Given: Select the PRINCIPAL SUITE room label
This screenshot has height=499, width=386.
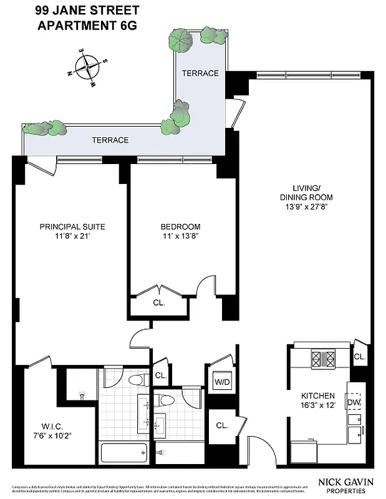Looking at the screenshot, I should [72, 226].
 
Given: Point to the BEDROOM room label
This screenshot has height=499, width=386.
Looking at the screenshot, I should [180, 226].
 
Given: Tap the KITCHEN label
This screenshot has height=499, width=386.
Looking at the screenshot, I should [318, 395].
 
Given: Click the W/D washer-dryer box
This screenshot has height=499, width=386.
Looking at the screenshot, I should [221, 382].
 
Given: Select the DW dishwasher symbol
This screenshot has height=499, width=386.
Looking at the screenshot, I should [354, 402].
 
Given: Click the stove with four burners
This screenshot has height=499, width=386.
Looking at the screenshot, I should [323, 359].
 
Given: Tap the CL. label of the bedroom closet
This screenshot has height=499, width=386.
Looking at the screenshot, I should [160, 303].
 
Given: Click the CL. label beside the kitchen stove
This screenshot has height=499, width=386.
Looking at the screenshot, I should [360, 357].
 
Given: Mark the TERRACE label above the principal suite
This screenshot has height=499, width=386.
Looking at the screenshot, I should [110, 140].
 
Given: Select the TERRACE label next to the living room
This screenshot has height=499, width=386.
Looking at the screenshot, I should [200, 74].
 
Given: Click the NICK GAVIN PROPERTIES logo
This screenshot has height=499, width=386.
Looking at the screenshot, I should [342, 485].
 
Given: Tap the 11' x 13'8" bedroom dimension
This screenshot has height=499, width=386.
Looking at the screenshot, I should [180, 236].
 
